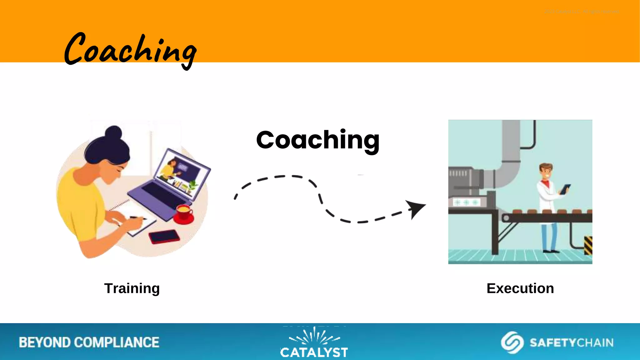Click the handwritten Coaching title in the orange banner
pos(130,50)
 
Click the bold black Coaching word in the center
pos(317,140)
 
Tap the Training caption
pos(132,288)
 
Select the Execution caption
pos(520,288)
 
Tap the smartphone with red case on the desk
pos(164,237)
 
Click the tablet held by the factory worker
pos(565,189)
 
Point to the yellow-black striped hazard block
pos(588,246)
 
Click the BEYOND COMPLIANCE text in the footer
pos(89,342)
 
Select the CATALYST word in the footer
pos(314,352)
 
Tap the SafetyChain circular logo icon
pos(512,342)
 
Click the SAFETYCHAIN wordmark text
pos(571,343)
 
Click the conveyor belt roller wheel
pos(506,218)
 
